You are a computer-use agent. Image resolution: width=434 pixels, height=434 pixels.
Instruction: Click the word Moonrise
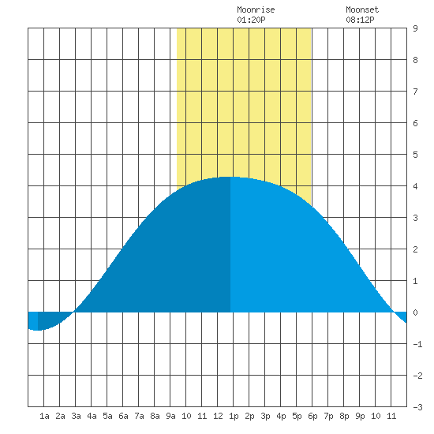pyautogui.click(x=256, y=9)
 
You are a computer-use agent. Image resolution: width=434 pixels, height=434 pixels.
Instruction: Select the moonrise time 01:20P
pyautogui.click(x=251, y=20)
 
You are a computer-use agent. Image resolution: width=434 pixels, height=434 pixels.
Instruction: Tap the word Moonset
pyautogui.click(x=362, y=9)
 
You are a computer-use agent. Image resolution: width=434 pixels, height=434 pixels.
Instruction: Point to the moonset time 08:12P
pyautogui.click(x=360, y=20)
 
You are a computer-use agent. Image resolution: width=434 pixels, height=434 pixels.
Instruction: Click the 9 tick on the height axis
pyautogui.click(x=415, y=28)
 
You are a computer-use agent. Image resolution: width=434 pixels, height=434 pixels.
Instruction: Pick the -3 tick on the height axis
pyautogui.click(x=417, y=407)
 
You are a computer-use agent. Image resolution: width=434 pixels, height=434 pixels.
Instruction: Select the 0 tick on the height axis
pyautogui.click(x=415, y=312)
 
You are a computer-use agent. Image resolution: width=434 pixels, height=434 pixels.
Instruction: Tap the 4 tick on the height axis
pyautogui.click(x=415, y=186)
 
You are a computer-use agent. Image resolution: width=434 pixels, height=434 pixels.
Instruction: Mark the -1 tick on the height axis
pyautogui.click(x=417, y=344)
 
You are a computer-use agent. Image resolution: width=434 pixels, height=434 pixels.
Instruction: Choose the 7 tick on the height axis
pyautogui.click(x=415, y=92)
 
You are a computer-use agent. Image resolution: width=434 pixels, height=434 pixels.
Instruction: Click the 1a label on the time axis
pyautogui.click(x=44, y=416)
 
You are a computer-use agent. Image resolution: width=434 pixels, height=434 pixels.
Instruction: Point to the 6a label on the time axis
pyautogui.click(x=123, y=416)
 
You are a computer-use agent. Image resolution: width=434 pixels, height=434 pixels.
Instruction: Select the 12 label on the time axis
pyautogui.click(x=218, y=416)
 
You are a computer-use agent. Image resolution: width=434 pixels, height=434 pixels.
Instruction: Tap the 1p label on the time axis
pyautogui.click(x=234, y=416)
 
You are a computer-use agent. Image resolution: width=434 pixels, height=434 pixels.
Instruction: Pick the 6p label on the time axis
pyautogui.click(x=312, y=416)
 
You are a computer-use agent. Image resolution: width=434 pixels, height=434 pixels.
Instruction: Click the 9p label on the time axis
pyautogui.click(x=360, y=416)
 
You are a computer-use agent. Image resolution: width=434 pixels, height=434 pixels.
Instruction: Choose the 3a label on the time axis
pyautogui.click(x=76, y=416)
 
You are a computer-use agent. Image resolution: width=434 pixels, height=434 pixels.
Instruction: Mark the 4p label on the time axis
pyautogui.click(x=281, y=416)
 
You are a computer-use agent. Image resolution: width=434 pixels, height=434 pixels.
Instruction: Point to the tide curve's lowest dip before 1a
pyautogui.click(x=37, y=330)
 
